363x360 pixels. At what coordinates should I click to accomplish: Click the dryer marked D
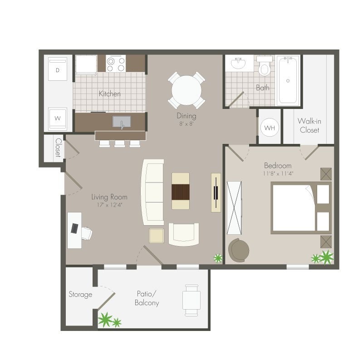pos(58,70)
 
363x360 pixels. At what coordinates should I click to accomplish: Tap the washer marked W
pos(58,118)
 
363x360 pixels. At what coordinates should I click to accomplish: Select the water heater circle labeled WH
pos(270,128)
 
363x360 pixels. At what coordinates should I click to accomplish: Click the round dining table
pos(186,90)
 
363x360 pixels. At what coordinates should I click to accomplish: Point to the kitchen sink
pos(122,122)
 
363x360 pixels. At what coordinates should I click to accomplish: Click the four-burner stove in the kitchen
pos(116,64)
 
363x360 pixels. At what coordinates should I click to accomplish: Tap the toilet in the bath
pos(265,67)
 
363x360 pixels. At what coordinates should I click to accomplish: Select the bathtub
pos(288,80)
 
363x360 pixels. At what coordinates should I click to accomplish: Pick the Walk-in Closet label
pos(309,125)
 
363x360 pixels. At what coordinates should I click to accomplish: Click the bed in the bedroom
pos(299,207)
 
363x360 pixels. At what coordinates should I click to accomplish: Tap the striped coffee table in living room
pos(181,191)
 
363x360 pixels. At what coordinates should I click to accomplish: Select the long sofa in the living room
pos(153,192)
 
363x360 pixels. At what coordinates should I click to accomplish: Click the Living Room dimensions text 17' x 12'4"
pos(109,205)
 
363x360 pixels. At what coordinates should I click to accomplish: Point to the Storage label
pos(80,295)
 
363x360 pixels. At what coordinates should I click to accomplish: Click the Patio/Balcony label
pos(147,298)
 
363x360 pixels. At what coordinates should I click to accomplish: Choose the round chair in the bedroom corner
pos(239,250)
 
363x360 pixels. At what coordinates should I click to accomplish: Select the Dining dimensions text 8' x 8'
pos(186,123)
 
